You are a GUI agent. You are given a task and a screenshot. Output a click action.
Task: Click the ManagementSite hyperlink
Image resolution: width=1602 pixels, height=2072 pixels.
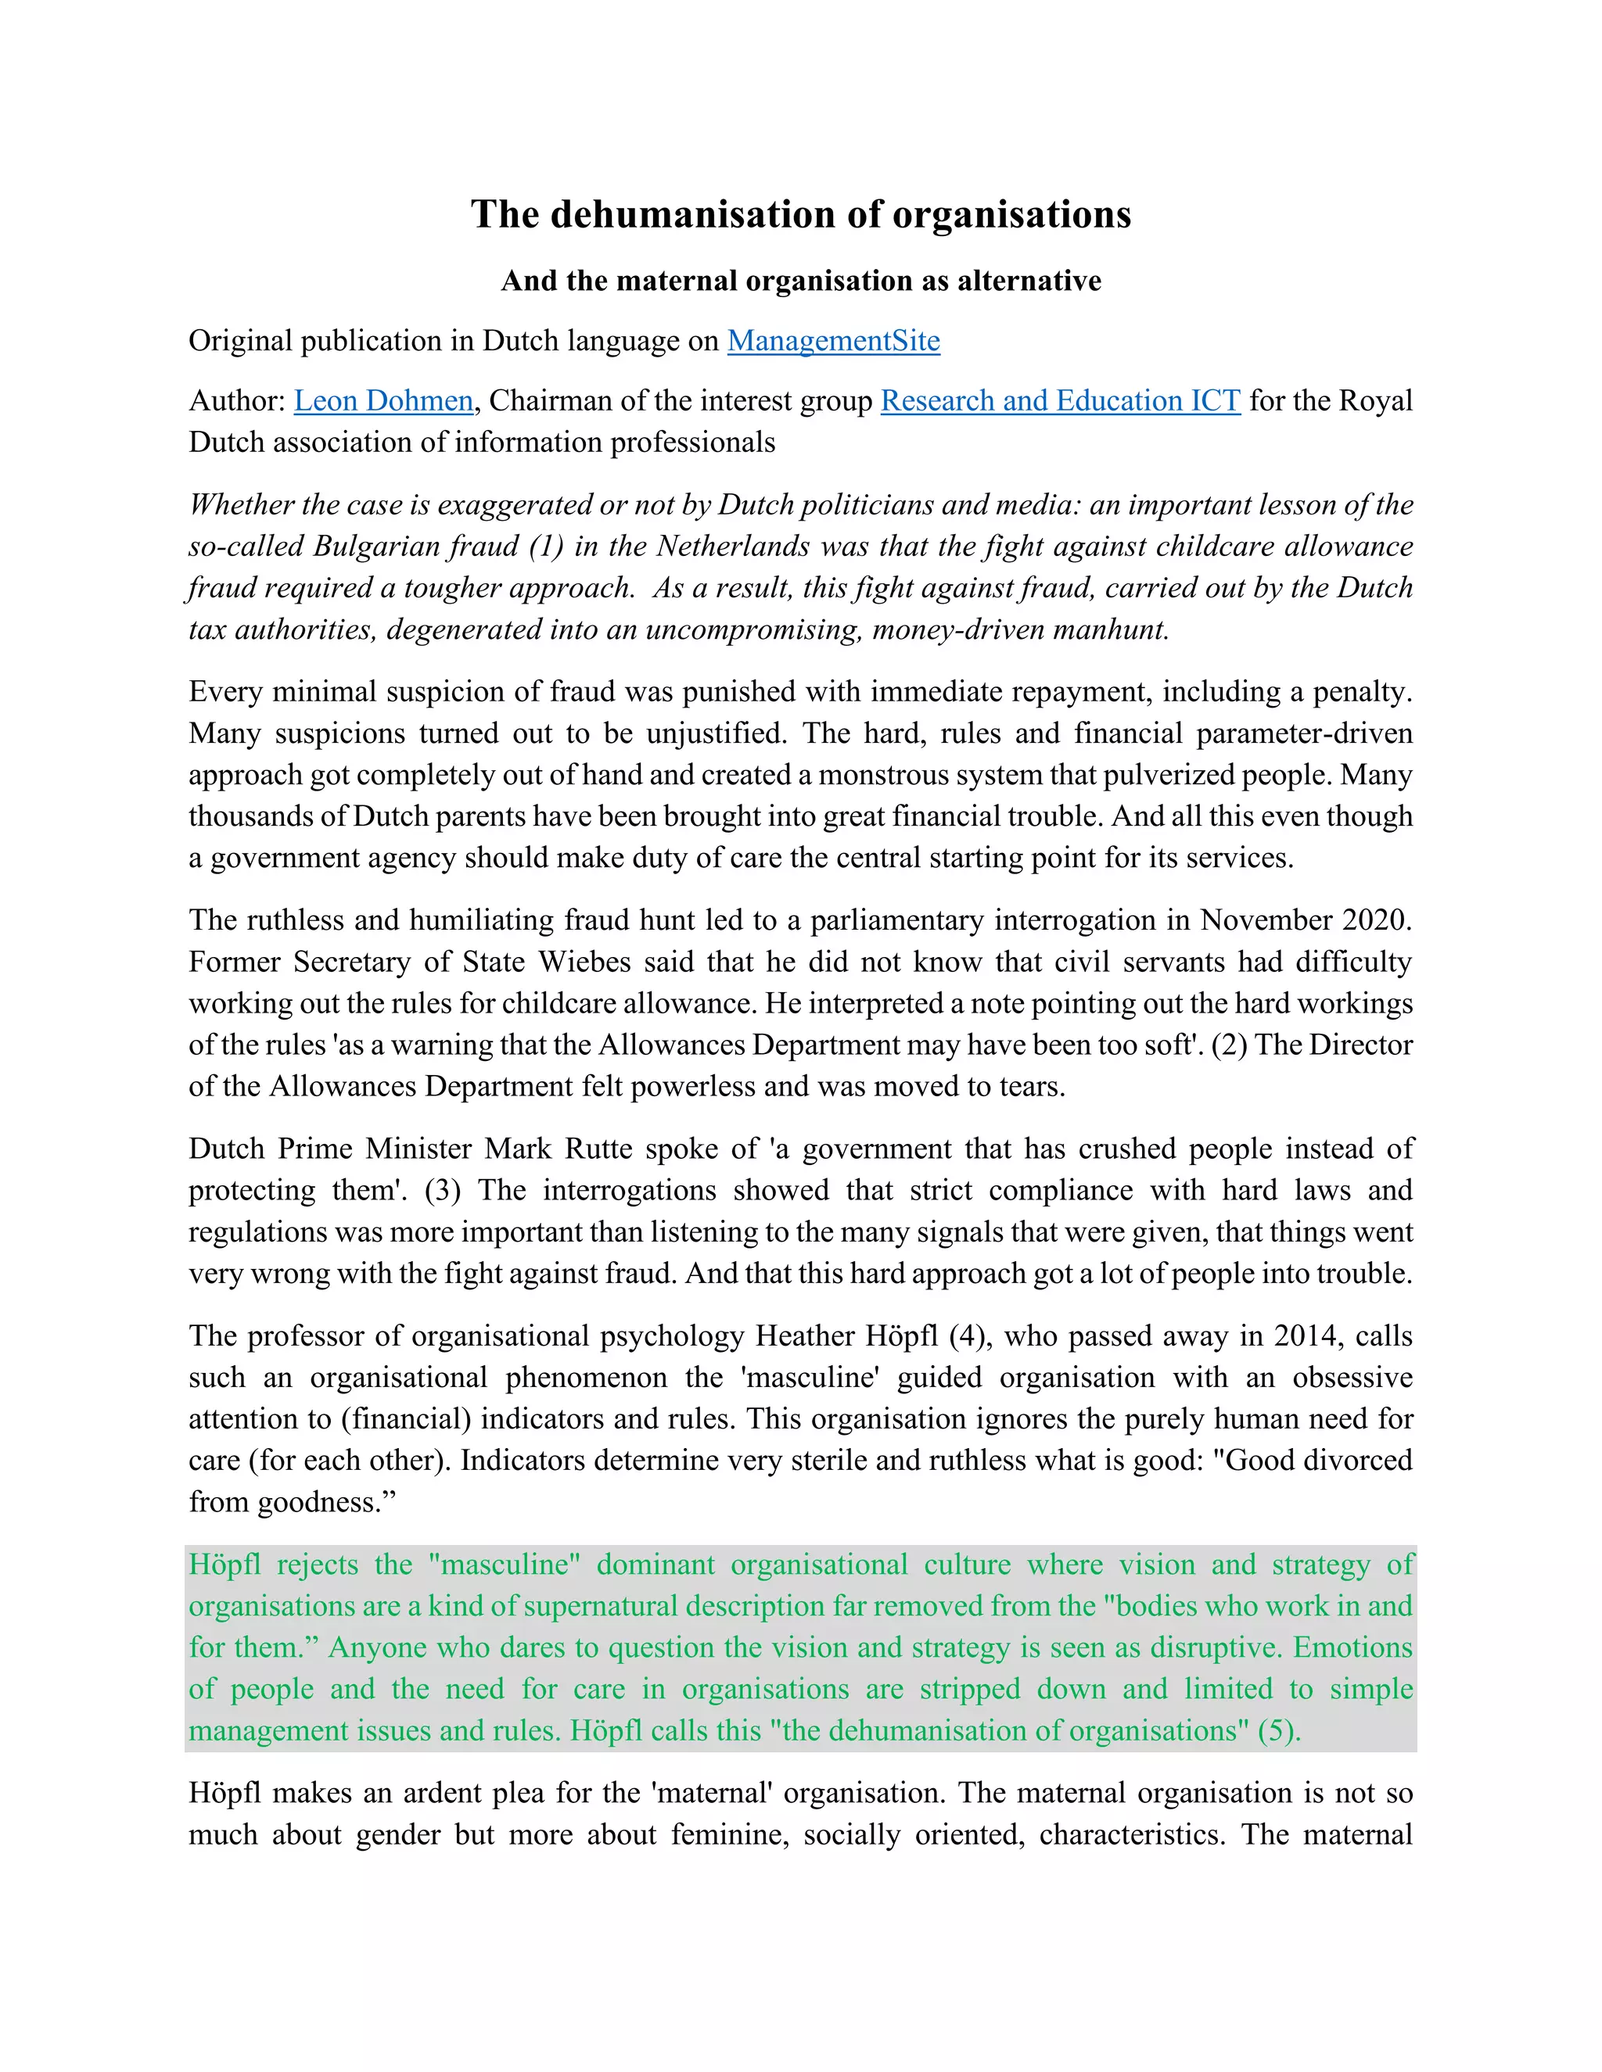click(x=833, y=341)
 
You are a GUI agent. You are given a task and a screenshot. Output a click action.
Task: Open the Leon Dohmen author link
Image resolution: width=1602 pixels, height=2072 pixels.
click(x=383, y=400)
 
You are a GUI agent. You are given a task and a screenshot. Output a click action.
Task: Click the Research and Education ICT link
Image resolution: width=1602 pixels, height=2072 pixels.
click(x=1060, y=400)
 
